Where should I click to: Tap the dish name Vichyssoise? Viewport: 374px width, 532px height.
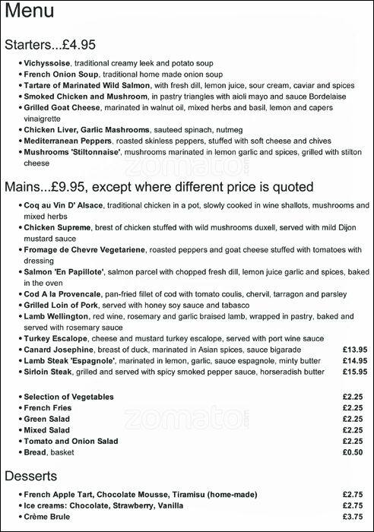[x=48, y=63]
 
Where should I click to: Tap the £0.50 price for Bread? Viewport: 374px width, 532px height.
[x=352, y=451]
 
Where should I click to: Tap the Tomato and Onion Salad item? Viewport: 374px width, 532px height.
[x=71, y=440]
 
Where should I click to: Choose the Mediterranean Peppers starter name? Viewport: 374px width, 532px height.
[x=68, y=141]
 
